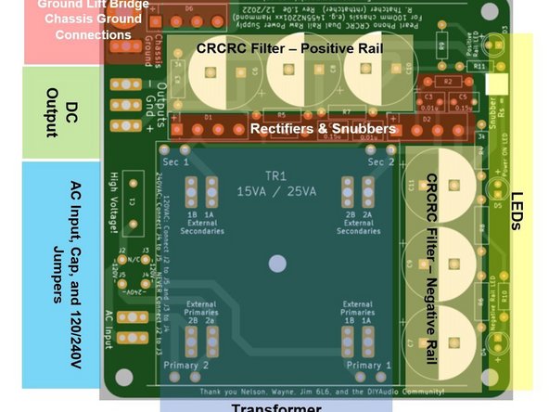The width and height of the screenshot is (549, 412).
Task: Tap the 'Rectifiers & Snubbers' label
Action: tap(323, 128)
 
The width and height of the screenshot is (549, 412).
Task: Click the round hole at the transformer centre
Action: tap(276, 264)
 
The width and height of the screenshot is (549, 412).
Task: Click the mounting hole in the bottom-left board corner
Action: tap(128, 379)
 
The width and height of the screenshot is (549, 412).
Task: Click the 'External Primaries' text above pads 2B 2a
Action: tap(201, 308)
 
